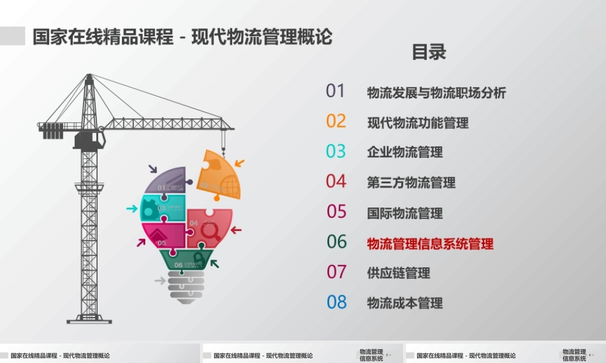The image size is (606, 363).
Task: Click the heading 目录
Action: click(429, 52)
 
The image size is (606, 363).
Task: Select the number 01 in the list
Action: click(335, 91)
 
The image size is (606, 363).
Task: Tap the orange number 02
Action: click(336, 121)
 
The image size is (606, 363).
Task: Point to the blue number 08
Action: click(336, 302)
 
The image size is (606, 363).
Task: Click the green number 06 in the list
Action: click(336, 242)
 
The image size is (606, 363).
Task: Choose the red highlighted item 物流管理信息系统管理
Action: click(430, 244)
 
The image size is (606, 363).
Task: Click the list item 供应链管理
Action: click(398, 273)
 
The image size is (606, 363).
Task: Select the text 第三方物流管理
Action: click(411, 183)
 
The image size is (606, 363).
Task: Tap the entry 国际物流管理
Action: click(404, 213)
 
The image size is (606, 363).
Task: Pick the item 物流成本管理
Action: click(404, 303)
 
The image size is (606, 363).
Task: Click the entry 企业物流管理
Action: click(404, 152)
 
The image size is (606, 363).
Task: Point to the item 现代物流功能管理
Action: click(418, 123)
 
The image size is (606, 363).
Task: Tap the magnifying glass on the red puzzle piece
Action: click(211, 231)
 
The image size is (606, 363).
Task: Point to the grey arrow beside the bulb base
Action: click(159, 281)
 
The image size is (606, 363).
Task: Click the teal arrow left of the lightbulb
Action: click(132, 209)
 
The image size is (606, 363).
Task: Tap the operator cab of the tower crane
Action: click(89, 140)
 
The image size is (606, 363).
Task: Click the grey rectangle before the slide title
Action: click(12, 36)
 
